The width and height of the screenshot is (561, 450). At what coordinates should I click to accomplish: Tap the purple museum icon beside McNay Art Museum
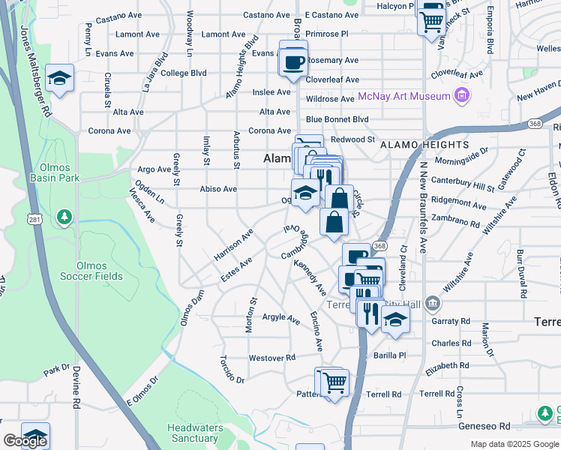(462, 96)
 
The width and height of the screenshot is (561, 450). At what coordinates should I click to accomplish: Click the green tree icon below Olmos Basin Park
(64, 217)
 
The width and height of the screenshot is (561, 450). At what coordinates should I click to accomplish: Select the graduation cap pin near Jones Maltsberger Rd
(58, 79)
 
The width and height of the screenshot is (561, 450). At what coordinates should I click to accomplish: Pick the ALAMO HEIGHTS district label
(424, 145)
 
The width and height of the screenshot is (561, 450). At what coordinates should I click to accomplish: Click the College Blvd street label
(183, 73)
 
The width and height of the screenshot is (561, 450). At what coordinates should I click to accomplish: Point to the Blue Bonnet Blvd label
(337, 119)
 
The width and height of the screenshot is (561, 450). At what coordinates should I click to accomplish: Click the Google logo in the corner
(25, 441)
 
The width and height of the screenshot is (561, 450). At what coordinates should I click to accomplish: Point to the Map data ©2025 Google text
(514, 444)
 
